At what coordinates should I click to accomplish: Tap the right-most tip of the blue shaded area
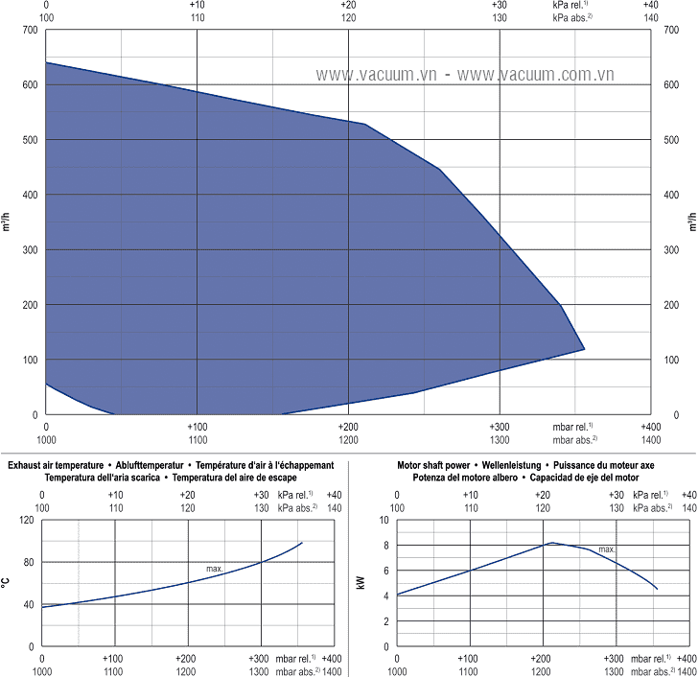(584, 349)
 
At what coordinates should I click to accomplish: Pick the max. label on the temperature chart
(215, 569)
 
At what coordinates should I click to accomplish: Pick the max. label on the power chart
(607, 549)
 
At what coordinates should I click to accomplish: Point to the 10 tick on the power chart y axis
(384, 520)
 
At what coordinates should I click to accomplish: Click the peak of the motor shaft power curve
(551, 543)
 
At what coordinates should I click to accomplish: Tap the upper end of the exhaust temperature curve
(302, 543)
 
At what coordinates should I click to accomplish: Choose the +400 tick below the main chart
(650, 427)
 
